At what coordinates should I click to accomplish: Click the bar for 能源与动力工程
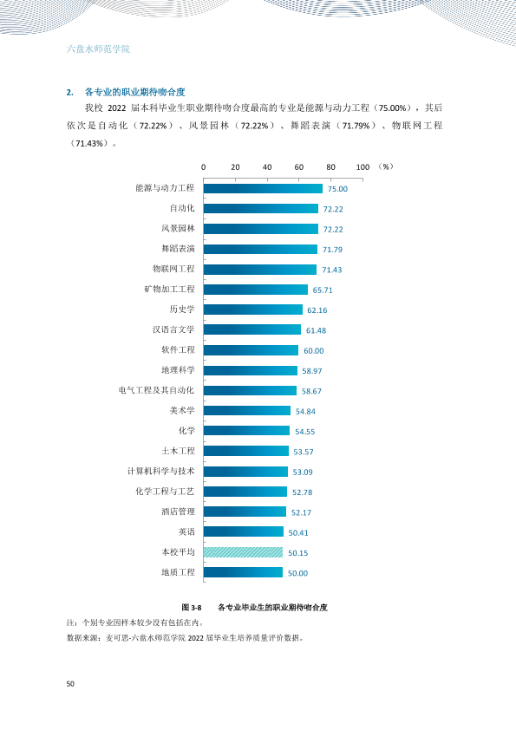pos(263,188)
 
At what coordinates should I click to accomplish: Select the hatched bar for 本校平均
pos(243,552)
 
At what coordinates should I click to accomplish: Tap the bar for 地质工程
pos(243,572)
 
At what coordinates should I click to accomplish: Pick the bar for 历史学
pos(253,310)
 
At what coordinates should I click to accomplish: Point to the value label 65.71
pos(323,290)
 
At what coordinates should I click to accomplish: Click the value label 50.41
pos(298,532)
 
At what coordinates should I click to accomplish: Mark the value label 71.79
pos(332,250)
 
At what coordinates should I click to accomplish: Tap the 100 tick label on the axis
pos(363,167)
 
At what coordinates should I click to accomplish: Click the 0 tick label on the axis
pos(204,167)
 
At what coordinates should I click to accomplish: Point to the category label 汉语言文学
pos(173,329)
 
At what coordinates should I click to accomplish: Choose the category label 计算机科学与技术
pos(161,471)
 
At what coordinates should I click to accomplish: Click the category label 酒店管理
pos(178,512)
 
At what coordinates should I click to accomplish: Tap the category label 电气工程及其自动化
pos(156,390)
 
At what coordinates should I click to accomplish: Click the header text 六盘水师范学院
pos(98,49)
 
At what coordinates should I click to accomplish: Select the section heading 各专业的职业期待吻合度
pos(135,92)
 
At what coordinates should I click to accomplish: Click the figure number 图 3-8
pos(192,608)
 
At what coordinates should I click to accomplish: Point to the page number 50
pos(70,684)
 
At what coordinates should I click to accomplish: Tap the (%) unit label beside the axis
pos(386,166)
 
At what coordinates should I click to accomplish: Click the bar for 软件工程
pos(251,350)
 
